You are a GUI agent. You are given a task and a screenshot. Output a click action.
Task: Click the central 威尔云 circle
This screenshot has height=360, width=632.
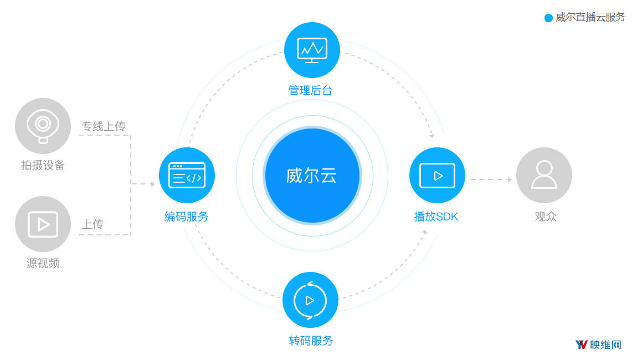click(x=312, y=176)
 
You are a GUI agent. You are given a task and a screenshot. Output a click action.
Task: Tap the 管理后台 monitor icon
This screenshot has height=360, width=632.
click(x=312, y=50)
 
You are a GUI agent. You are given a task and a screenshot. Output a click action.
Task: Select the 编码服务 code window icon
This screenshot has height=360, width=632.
click(x=187, y=176)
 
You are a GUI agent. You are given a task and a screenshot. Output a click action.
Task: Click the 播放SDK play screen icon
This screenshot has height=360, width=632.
click(x=438, y=176)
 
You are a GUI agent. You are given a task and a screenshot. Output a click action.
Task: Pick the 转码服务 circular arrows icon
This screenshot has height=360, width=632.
click(x=310, y=300)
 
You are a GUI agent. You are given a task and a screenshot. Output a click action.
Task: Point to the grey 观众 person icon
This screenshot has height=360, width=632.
click(x=544, y=176)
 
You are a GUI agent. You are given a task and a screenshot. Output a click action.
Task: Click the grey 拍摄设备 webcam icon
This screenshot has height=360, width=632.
click(x=43, y=126)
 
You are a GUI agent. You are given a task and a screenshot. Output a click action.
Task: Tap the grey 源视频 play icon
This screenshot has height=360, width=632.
click(x=43, y=224)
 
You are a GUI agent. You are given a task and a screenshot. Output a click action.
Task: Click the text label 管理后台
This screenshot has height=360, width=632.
click(x=310, y=90)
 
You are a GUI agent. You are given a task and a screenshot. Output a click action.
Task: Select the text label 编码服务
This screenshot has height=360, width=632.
click(x=186, y=217)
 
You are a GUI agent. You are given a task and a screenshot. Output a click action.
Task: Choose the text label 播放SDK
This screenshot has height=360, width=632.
click(x=436, y=217)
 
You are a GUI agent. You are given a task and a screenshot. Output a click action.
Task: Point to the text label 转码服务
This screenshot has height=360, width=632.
click(x=311, y=341)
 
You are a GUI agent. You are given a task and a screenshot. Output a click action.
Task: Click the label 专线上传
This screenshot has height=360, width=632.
click(x=104, y=126)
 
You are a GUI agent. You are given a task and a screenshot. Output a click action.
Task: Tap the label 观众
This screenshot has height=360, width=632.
click(x=546, y=217)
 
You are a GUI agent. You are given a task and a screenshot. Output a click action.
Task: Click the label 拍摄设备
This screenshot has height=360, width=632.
click(x=43, y=165)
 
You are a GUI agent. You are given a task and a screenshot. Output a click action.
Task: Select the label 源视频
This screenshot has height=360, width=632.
click(x=43, y=263)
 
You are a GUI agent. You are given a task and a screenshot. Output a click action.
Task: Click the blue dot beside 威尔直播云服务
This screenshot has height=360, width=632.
click(x=548, y=18)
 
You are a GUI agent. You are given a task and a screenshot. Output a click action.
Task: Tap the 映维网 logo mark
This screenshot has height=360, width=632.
click(x=581, y=344)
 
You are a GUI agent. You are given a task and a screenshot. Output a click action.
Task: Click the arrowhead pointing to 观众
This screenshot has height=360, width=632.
click(x=510, y=179)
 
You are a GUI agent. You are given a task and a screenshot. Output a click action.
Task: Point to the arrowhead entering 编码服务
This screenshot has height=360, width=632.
click(x=153, y=184)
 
